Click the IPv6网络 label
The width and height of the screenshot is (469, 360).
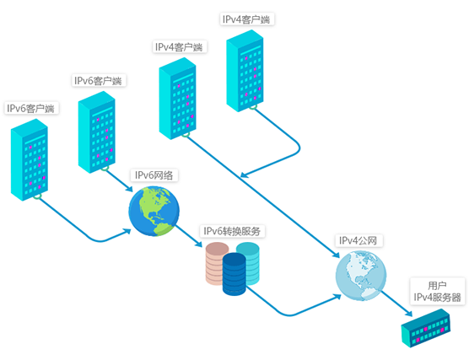154,175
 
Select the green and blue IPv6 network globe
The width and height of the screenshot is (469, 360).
154,211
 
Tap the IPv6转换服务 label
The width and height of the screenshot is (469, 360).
232,231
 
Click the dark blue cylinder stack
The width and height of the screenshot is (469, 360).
234,275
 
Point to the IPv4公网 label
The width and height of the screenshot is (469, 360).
358,240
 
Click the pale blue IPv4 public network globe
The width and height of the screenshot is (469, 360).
361,276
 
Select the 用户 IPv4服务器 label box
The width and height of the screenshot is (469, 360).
438,292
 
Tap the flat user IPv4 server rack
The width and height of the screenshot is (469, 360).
426,328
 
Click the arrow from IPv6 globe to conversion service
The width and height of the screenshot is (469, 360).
189,236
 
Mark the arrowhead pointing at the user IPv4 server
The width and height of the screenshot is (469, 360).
408,313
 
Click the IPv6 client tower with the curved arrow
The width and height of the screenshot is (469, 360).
30,159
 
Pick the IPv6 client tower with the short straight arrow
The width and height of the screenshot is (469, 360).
97,132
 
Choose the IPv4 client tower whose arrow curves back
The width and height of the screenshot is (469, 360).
245,71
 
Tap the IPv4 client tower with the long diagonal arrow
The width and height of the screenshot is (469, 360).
177,99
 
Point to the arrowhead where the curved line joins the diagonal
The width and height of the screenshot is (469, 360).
245,175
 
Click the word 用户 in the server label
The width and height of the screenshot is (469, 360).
437,286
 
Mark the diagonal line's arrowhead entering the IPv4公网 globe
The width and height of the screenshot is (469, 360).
336,254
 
